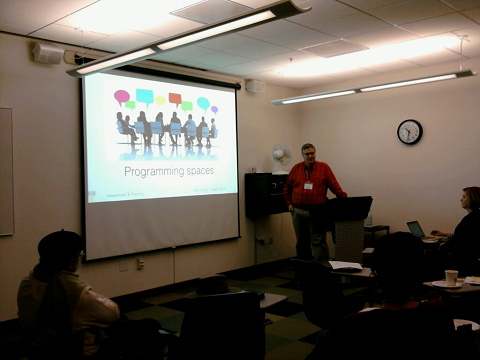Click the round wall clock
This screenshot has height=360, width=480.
[409, 131]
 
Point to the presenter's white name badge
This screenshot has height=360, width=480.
[308, 185]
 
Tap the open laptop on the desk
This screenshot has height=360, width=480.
[415, 229]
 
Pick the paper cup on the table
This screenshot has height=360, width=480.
[451, 277]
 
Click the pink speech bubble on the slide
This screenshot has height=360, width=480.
[121, 97]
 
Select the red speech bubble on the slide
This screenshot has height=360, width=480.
[175, 98]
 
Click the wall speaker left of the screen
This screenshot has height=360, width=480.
[46, 53]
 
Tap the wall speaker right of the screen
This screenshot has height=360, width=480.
[255, 87]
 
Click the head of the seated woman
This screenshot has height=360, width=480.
[470, 197]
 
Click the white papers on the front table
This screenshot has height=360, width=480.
[345, 266]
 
